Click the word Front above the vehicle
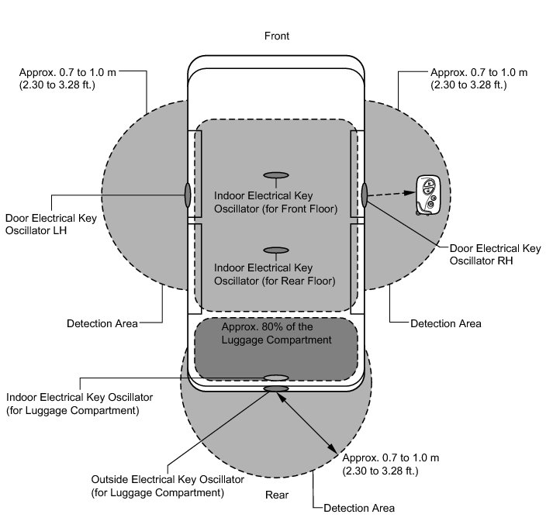pos(276,36)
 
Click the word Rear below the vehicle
pos(277,495)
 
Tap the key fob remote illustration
pos(427,195)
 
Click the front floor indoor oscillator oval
pos(276,174)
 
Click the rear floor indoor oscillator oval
pos(276,250)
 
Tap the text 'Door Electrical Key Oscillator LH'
pos(51,225)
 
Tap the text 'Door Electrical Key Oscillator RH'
pos(496,255)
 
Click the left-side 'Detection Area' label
pos(102,323)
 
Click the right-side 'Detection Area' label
pos(446,323)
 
